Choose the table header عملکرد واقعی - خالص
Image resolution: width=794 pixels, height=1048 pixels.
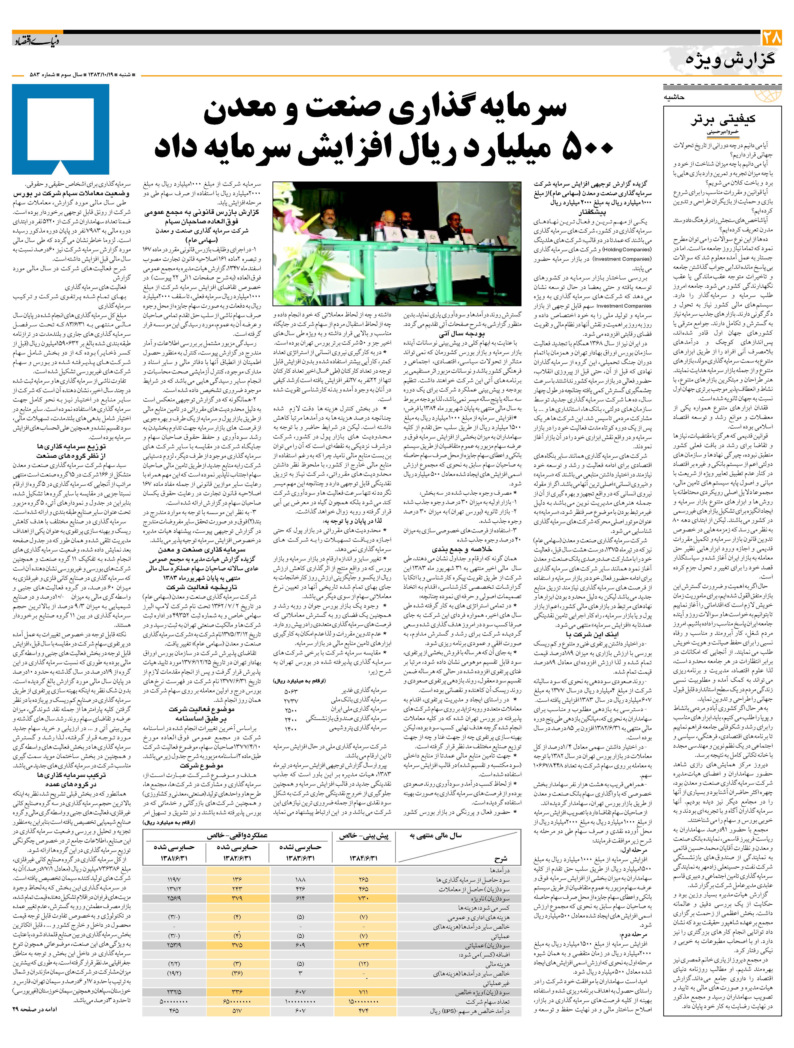(237, 835)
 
